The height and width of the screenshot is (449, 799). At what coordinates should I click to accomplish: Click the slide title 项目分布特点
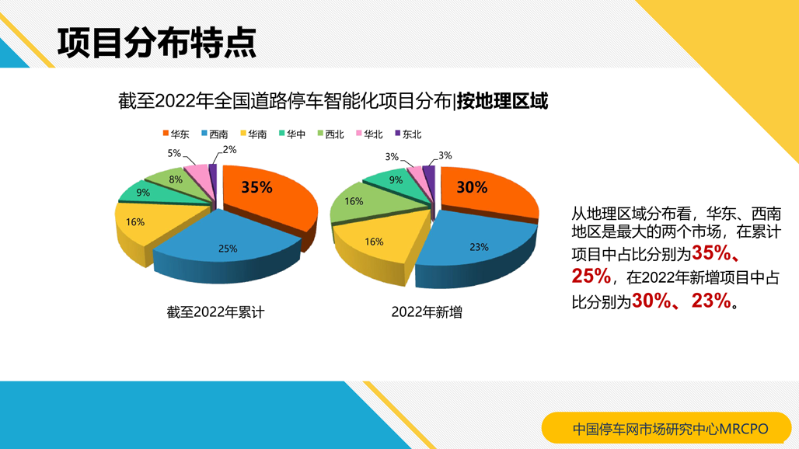(x=156, y=43)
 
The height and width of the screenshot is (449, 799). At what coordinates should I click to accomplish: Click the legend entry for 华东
(x=176, y=134)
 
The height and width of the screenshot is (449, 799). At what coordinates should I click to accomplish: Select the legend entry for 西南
(x=215, y=134)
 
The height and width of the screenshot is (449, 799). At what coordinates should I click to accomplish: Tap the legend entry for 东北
(x=408, y=134)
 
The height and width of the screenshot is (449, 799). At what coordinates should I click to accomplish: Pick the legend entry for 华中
(x=292, y=134)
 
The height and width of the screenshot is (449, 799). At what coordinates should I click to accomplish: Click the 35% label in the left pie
(x=256, y=187)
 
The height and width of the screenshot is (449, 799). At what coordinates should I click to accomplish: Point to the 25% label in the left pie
(x=228, y=249)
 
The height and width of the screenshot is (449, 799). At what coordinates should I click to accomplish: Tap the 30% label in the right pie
(x=472, y=187)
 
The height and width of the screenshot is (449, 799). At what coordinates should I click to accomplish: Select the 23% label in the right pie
(x=479, y=247)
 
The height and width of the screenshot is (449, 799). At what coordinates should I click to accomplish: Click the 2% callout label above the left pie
(x=230, y=150)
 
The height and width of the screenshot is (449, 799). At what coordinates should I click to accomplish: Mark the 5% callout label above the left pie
(x=174, y=153)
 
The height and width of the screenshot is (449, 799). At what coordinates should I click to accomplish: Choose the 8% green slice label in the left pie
(x=176, y=179)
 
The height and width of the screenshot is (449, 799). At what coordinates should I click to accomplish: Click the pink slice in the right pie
(x=415, y=175)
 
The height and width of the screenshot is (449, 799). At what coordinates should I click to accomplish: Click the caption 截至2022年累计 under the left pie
(x=215, y=312)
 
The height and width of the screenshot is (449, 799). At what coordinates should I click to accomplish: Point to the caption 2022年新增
(x=427, y=312)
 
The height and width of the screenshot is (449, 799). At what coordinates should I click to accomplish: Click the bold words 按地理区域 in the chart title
(x=502, y=101)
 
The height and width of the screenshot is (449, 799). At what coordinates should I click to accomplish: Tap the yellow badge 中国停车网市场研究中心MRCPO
(x=667, y=428)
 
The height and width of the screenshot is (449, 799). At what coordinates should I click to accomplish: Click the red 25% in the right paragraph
(x=591, y=277)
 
